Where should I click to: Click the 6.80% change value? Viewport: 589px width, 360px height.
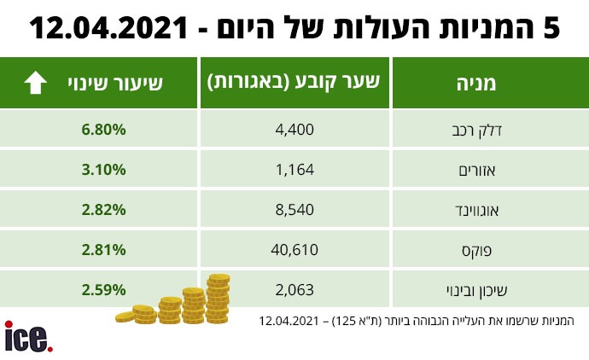point(103,130)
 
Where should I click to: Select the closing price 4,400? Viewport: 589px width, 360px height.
point(294,130)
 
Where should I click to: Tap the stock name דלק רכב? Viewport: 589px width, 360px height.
point(476,131)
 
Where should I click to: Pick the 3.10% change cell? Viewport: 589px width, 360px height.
point(103,170)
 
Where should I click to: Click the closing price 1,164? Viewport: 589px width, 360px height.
point(294,170)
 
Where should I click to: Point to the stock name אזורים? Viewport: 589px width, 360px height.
point(477,171)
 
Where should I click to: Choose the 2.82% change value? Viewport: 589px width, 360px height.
point(103,210)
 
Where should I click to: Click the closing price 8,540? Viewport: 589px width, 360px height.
point(294,210)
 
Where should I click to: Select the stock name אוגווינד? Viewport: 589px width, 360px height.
point(476,210)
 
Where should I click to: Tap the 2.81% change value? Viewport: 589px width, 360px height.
point(103,250)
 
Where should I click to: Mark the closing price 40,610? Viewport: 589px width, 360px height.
point(294,250)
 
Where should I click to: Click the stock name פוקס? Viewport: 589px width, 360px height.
point(476,251)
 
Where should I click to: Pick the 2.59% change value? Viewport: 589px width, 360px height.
point(103,290)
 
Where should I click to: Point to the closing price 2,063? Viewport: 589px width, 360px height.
point(294,290)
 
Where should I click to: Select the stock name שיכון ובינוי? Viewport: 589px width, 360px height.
point(476,291)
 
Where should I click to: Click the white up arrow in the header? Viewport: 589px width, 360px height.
point(35,83)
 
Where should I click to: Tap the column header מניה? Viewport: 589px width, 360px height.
point(476,84)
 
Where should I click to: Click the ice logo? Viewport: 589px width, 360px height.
point(28,337)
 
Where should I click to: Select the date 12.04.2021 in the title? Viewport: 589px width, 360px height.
point(108,28)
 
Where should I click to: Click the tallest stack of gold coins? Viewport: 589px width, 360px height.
point(218,299)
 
